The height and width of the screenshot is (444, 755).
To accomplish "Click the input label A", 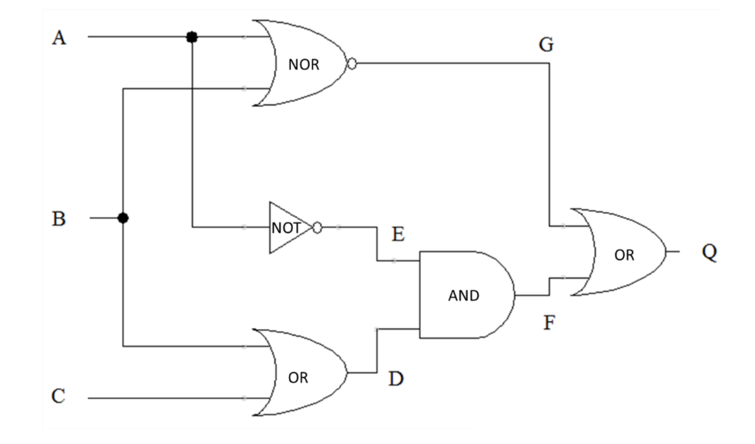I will coord(59,38).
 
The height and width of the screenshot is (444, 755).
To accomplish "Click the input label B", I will coord(59,219).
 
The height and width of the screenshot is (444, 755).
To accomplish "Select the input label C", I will coord(58,396).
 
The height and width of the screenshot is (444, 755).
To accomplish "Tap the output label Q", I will coord(709,251).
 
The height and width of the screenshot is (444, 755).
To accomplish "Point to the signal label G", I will coord(546,45).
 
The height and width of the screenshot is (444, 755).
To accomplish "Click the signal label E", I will coord(398,235).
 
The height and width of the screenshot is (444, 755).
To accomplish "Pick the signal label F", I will coord(549,323).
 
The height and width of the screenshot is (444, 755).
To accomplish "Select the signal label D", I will coord(396,379).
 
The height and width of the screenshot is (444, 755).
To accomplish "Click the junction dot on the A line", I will coord(192,37).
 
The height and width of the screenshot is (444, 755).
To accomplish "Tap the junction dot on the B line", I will coord(123,218).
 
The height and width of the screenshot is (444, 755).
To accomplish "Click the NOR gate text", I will coord(303,65).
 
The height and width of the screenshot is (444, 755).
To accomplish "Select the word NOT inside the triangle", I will coord(286,228).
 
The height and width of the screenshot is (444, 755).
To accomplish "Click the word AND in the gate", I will coord(463,296).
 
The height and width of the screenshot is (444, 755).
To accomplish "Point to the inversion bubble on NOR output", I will coord(352,64).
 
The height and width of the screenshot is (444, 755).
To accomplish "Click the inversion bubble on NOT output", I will coord(317,227).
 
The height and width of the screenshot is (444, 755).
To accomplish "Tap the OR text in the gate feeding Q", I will coord(624,255).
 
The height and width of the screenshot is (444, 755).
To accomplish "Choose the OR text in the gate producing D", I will coord(298,378).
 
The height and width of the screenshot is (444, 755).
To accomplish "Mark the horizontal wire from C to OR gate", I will coord(169,398).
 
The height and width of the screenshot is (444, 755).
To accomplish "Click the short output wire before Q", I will coord(673,251).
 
